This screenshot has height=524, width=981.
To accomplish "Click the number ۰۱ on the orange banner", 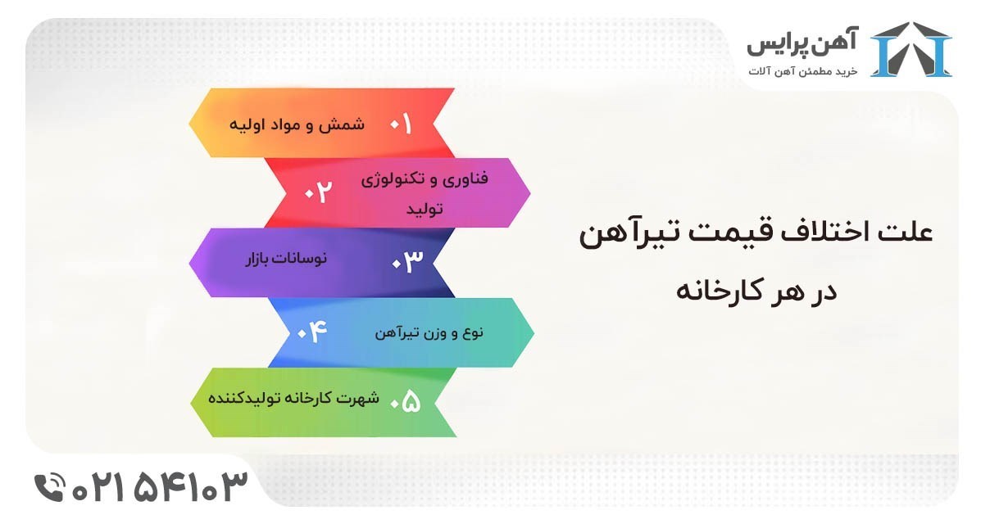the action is coord(401,124).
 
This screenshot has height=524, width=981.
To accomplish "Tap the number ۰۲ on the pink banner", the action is coord(318,192).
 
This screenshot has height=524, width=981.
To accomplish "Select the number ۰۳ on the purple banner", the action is coord(407,260).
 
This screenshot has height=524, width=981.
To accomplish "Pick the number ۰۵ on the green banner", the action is coord(405,401).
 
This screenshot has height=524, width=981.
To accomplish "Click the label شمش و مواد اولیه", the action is coord(297,124).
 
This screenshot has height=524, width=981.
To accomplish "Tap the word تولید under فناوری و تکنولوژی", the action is coord(425,208).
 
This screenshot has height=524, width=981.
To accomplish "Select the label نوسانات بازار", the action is coord(286,258).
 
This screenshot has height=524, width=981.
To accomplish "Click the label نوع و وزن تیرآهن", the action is coord(429,332).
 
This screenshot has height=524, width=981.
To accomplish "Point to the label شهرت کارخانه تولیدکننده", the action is coord(293,398).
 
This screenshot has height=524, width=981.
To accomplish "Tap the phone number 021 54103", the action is coord(160,487).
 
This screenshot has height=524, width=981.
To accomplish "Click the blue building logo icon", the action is coord(911,49).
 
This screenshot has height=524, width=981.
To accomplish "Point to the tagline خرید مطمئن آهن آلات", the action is coord(802,71).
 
